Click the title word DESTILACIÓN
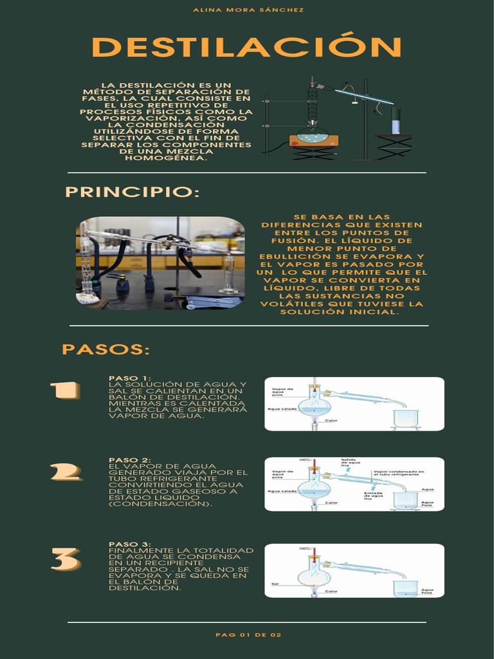click(247, 47)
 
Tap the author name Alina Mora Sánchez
click(248, 10)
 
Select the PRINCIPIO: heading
click(133, 192)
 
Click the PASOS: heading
click(105, 349)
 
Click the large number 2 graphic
click(66, 472)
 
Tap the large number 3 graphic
click(66, 559)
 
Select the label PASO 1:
click(129, 378)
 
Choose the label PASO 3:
click(129, 544)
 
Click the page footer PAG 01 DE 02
click(248, 635)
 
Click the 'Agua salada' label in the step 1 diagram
click(281, 409)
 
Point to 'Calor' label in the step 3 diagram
click(331, 591)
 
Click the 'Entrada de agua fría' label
click(374, 496)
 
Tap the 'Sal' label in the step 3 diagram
click(275, 584)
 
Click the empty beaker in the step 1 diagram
click(406, 418)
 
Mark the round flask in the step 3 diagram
click(313, 576)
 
